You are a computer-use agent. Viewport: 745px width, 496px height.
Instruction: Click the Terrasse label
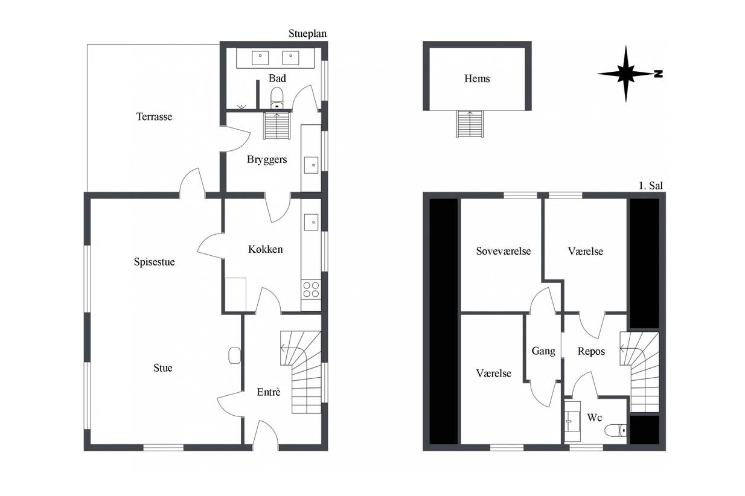pyautogui.click(x=154, y=116)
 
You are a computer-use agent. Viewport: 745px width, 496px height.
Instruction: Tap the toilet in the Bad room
pyautogui.click(x=277, y=98)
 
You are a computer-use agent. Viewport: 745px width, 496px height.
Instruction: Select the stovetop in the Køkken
pyautogui.click(x=311, y=290)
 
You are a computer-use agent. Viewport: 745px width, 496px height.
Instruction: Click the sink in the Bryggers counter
pyautogui.click(x=311, y=165)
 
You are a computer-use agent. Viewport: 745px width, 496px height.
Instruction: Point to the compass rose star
pyautogui.click(x=625, y=74)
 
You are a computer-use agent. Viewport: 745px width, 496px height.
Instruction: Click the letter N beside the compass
pyautogui.click(x=658, y=74)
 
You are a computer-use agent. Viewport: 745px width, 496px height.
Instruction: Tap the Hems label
pyautogui.click(x=477, y=79)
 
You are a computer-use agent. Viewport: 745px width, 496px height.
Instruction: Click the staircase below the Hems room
pyautogui.click(x=470, y=124)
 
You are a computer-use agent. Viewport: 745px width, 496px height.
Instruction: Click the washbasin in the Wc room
pyautogui.click(x=572, y=421)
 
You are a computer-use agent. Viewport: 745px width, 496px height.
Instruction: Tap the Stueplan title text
pyautogui.click(x=308, y=34)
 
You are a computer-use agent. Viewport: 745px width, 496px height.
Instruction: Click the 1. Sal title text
pyautogui.click(x=651, y=185)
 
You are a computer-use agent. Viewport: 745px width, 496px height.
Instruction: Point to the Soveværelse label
pyautogui.click(x=504, y=251)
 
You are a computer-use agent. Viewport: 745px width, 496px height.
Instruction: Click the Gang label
pyautogui.click(x=543, y=351)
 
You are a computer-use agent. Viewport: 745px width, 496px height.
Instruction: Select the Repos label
pyautogui.click(x=591, y=351)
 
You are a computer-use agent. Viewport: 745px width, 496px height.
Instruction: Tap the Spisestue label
pyautogui.click(x=155, y=262)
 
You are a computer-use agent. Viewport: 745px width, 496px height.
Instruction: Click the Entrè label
pyautogui.click(x=269, y=392)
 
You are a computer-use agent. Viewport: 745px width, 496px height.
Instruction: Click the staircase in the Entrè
pyautogui.click(x=301, y=372)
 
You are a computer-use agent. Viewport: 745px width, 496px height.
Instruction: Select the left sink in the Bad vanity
pyautogui.click(x=260, y=58)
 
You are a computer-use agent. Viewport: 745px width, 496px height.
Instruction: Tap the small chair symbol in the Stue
pyautogui.click(x=235, y=355)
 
